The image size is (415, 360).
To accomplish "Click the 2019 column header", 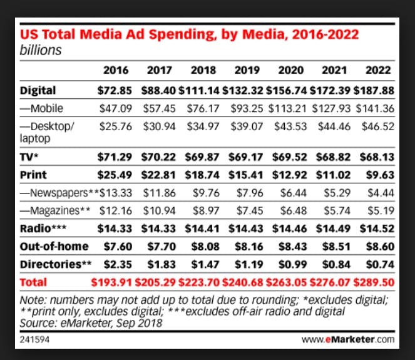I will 245,69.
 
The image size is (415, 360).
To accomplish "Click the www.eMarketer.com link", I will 347,339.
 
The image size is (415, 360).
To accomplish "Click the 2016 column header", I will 115,69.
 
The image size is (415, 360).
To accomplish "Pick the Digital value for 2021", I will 332,90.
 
